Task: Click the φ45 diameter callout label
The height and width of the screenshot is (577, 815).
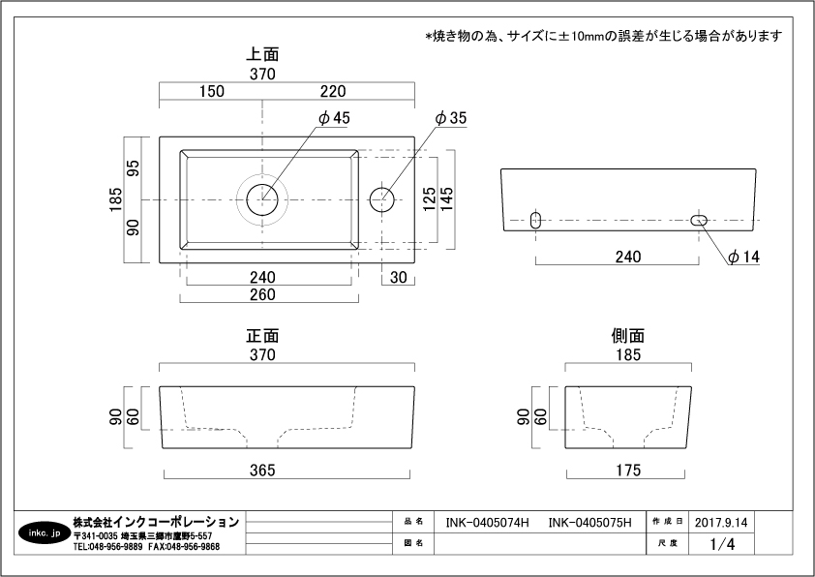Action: click(334, 118)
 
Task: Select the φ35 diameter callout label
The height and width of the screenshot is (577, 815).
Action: click(451, 118)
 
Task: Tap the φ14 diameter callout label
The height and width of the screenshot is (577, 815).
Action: click(744, 258)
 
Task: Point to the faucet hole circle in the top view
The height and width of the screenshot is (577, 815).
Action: click(382, 198)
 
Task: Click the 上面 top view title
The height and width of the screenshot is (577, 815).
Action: click(262, 55)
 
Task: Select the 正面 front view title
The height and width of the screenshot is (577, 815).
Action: click(262, 336)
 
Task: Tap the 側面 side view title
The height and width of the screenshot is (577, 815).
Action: click(627, 336)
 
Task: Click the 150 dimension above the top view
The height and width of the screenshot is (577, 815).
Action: click(212, 92)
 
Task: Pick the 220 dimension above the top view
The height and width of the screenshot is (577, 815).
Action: click(332, 92)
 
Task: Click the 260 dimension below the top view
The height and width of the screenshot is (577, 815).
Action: click(262, 295)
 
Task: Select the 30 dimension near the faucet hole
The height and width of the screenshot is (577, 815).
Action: click(399, 278)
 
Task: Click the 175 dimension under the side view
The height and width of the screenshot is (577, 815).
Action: click(627, 471)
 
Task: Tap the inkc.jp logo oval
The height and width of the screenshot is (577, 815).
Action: click(43, 533)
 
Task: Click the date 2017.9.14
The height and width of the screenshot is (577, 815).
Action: click(721, 522)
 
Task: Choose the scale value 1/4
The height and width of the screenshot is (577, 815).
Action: click(722, 544)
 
